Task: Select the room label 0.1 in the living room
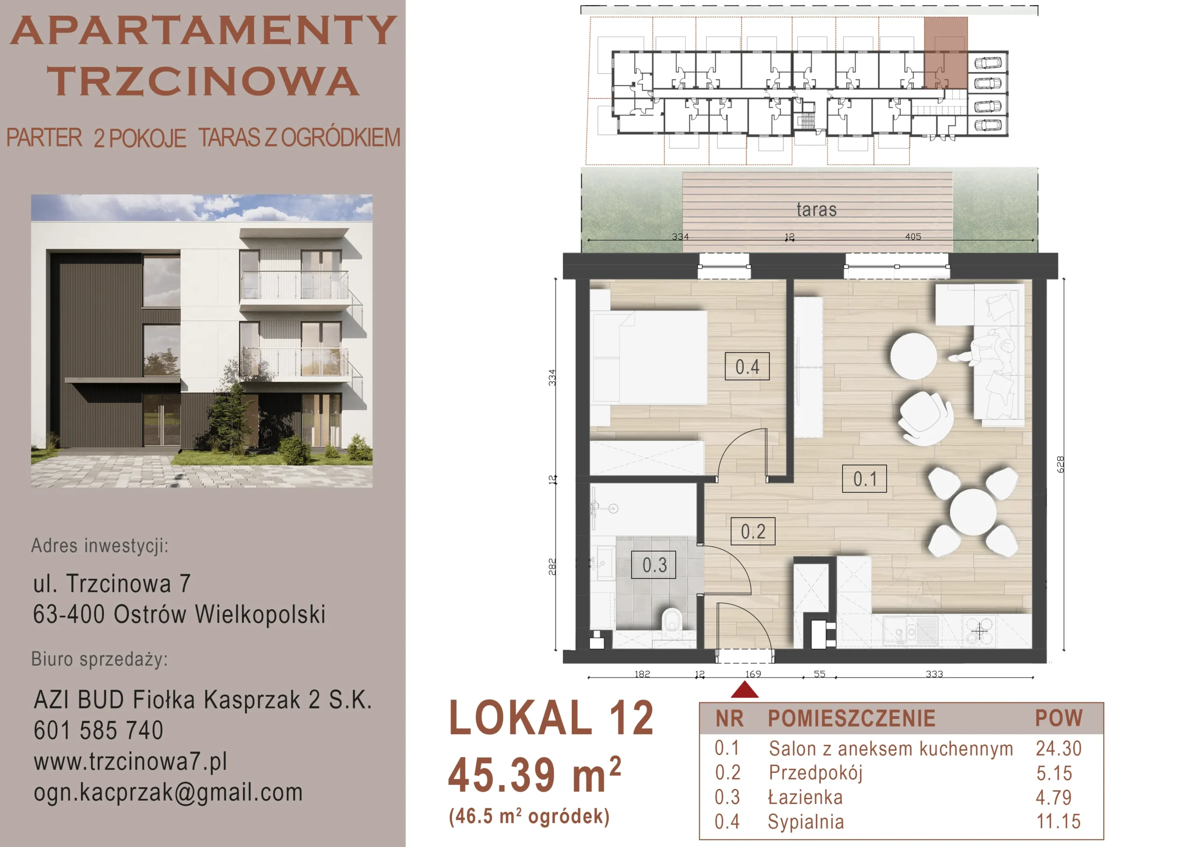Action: point(864,479)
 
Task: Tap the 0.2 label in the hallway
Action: point(753,531)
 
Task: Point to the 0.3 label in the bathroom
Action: point(654,565)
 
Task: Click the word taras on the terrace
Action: point(816,209)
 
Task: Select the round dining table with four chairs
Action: point(973,512)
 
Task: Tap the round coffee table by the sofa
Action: point(913,356)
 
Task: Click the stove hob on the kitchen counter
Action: point(980,631)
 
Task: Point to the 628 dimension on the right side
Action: point(1059,464)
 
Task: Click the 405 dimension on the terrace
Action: point(913,236)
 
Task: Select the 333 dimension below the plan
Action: point(934,674)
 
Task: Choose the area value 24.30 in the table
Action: point(1058,748)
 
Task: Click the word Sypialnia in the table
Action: point(805,821)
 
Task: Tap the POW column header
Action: point(1058,718)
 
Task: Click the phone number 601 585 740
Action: point(98,730)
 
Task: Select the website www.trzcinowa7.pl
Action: point(131,761)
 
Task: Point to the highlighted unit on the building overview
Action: point(946,53)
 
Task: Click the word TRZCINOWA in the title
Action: point(203,81)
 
